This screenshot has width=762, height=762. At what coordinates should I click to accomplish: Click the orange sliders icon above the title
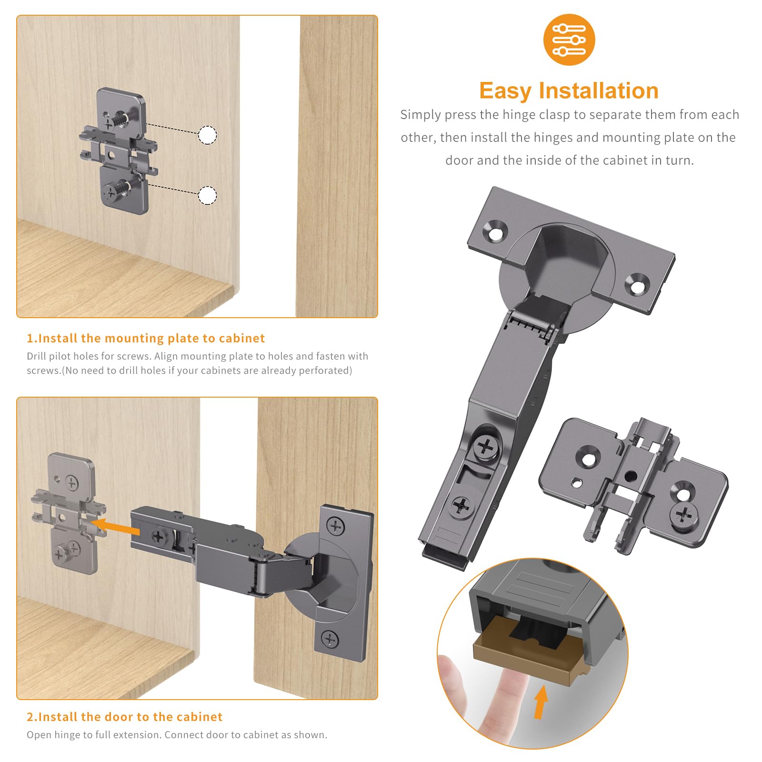pos(569,40)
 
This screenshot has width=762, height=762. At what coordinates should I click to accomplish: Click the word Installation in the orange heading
pos(599,90)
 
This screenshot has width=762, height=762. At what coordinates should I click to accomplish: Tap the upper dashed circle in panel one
pos(207,135)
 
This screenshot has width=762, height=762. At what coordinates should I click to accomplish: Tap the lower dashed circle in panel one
pos(207,195)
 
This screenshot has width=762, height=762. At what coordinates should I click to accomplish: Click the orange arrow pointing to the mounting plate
pos(114,527)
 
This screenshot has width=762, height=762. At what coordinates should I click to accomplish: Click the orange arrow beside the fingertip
pos(541,702)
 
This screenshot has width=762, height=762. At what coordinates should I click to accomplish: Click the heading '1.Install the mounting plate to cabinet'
pos(145,338)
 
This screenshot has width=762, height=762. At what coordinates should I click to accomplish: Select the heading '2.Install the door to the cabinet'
pos(124,717)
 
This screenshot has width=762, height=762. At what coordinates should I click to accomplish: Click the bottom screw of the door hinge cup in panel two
pos(330,639)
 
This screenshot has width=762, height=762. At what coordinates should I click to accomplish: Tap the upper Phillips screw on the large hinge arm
pos(486,447)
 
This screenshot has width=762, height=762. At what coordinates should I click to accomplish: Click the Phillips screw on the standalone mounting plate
pos(683,515)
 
